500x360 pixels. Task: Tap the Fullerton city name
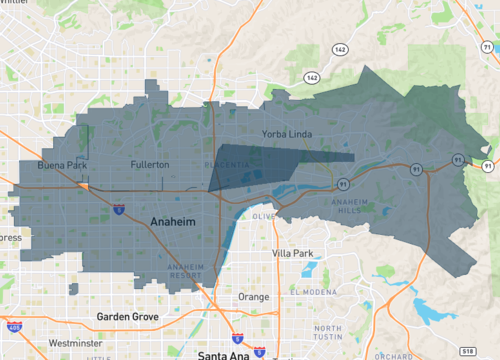pos(150,163)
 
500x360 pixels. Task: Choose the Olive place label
pos(264,216)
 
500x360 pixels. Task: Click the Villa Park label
pos(295,253)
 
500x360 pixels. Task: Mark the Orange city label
pos(253,297)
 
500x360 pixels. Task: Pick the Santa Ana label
pos(229,354)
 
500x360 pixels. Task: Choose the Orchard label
pos(391,354)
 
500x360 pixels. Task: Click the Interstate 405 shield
pos(14,326)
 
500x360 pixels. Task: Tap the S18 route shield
pos(468,351)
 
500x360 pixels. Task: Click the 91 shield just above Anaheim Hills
pos(343,183)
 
